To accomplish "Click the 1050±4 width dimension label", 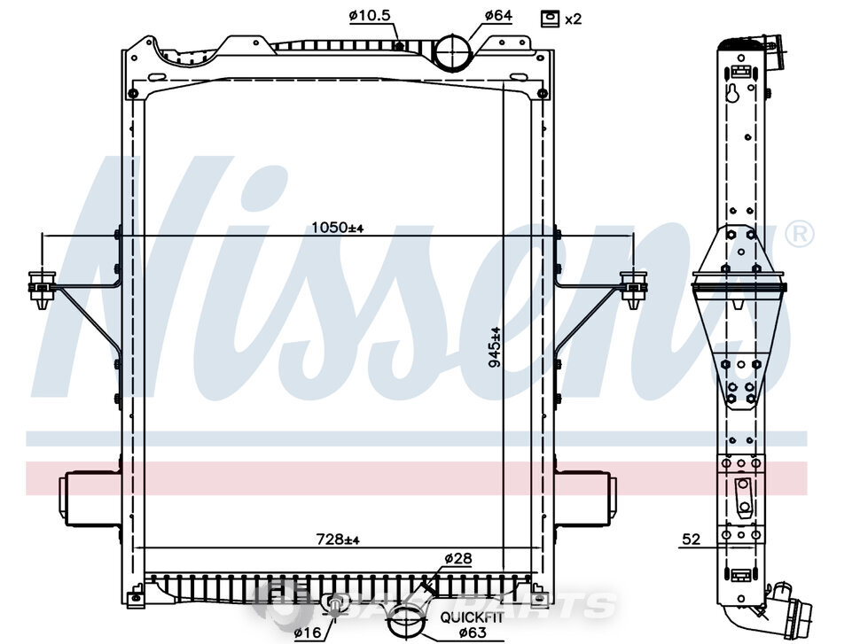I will tap(338, 228).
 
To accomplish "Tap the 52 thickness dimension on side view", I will tap(692, 537).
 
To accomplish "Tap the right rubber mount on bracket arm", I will tap(633, 287).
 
